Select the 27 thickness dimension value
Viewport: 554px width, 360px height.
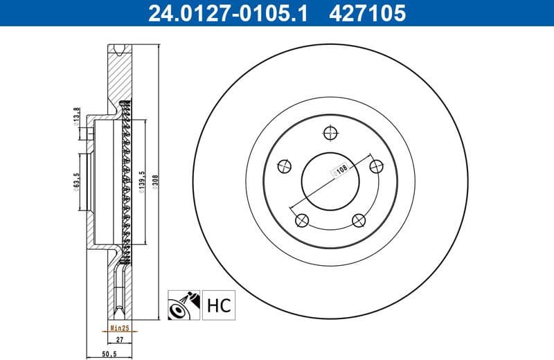[119, 339]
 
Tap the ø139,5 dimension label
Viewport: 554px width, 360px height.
[142, 182]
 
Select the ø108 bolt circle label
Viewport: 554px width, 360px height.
[340, 170]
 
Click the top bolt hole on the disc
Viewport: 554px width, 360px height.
[330, 132]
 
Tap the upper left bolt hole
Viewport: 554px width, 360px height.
[283, 165]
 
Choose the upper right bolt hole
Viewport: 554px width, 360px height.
[377, 165]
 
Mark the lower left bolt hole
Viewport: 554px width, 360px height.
[301, 220]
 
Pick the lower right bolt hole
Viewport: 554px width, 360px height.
[358, 220]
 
